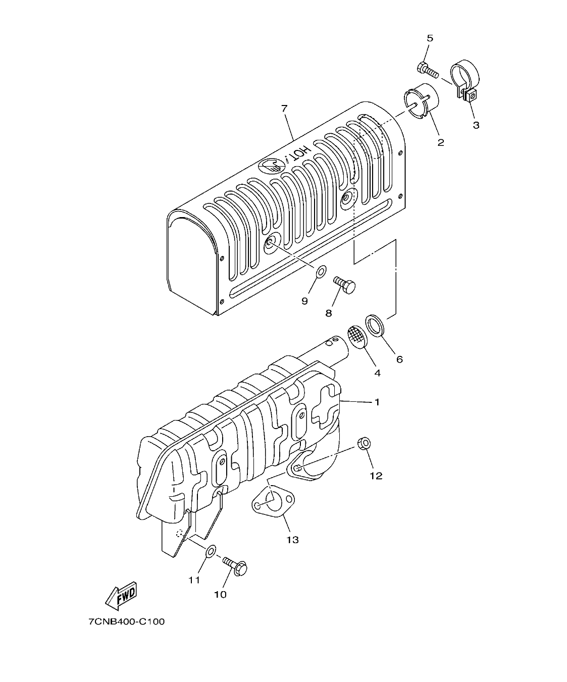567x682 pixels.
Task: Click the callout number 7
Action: [x=284, y=108]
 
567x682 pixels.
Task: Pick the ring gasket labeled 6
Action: [x=375, y=325]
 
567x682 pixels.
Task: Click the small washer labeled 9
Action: [x=320, y=273]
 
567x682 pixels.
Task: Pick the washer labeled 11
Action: [x=211, y=552]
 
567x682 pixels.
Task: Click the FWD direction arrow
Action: [x=121, y=597]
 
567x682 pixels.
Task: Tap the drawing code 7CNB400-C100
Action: [x=127, y=621]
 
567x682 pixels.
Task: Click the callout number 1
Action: [x=377, y=402]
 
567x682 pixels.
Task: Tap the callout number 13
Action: [x=292, y=540]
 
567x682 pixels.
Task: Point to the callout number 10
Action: [x=220, y=594]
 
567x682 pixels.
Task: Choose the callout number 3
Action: [x=476, y=125]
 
